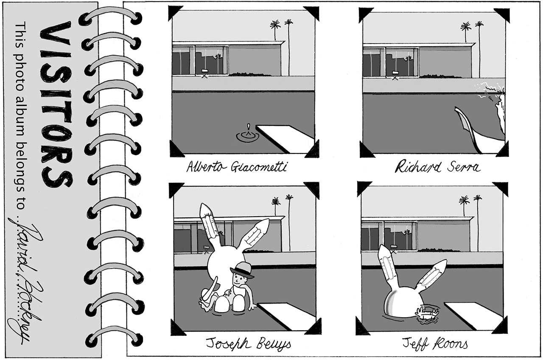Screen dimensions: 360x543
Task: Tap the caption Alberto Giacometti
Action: tap(236, 167)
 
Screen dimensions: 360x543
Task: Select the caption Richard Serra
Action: tap(437, 167)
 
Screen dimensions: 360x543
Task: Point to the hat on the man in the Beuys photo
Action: tap(242, 269)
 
